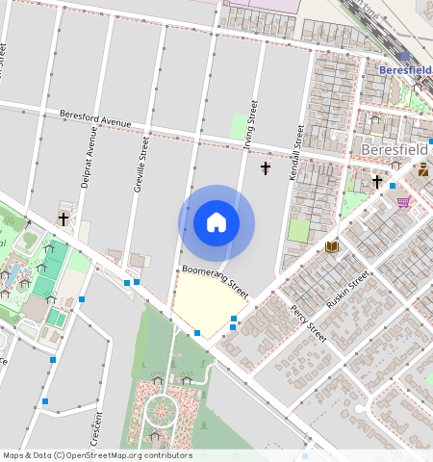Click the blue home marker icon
(x=216, y=222)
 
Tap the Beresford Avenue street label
(x=94, y=119)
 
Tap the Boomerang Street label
(x=215, y=282)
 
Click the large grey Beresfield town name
(x=395, y=149)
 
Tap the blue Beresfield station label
(x=405, y=70)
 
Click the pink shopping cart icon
(x=403, y=202)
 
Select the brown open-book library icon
(x=332, y=247)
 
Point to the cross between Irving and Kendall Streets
(x=266, y=168)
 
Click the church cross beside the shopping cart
(x=377, y=181)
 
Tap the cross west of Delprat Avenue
(x=64, y=219)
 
